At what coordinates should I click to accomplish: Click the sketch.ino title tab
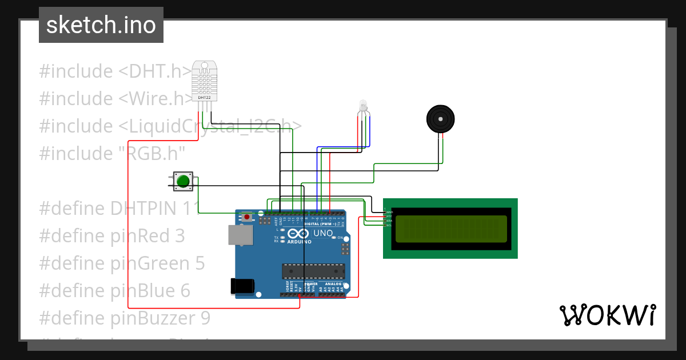(x=101, y=25)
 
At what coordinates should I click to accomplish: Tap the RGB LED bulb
(x=362, y=106)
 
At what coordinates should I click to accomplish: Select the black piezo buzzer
(x=441, y=119)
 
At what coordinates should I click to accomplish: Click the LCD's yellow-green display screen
(x=450, y=228)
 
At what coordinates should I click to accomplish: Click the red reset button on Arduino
(x=246, y=217)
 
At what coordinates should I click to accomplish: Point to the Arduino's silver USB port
(x=240, y=235)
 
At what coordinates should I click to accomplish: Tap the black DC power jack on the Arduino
(x=241, y=286)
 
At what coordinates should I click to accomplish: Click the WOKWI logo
(x=607, y=315)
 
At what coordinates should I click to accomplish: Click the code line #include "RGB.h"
(x=112, y=153)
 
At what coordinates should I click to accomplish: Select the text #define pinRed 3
(x=112, y=235)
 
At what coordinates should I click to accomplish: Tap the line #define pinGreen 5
(x=122, y=263)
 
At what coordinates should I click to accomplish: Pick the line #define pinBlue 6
(x=114, y=290)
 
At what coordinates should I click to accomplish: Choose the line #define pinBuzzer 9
(x=125, y=317)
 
